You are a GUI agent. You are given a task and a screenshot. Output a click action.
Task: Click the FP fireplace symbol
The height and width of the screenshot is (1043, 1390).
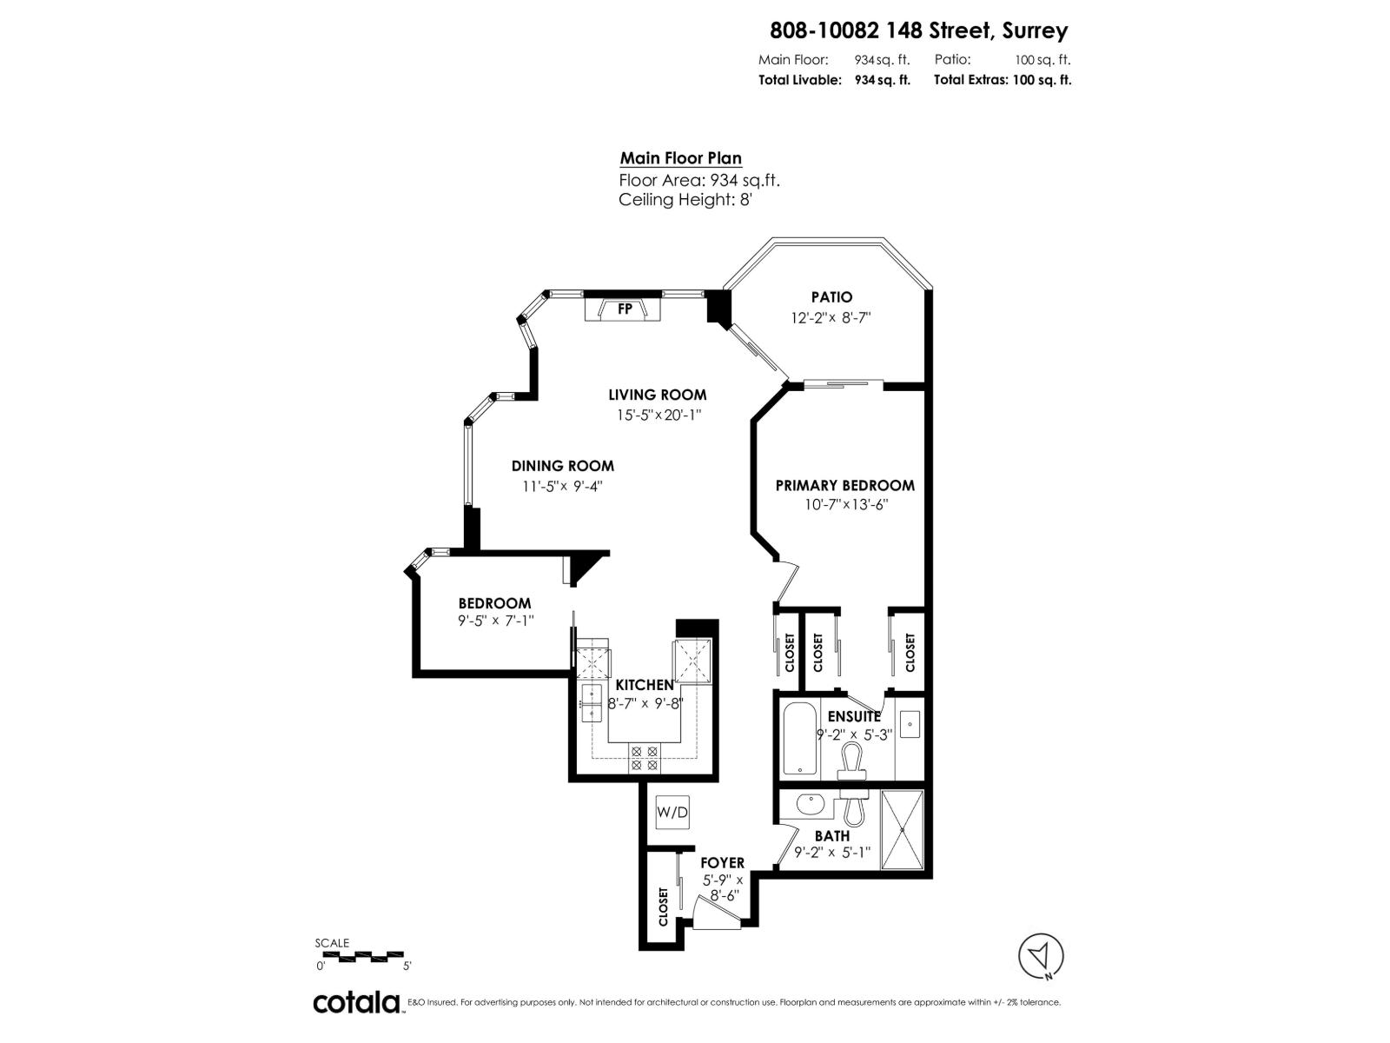(x=624, y=309)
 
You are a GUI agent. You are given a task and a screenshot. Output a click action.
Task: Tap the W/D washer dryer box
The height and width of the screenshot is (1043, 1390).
(x=672, y=813)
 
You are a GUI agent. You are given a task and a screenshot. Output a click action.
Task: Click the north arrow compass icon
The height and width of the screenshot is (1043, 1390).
(x=1041, y=957)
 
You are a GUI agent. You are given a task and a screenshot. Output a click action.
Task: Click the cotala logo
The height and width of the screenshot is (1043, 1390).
(x=357, y=1002)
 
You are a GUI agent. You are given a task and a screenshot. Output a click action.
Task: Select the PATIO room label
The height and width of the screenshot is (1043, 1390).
(x=831, y=297)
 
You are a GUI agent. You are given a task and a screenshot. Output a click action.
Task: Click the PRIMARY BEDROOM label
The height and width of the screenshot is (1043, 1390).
(x=844, y=485)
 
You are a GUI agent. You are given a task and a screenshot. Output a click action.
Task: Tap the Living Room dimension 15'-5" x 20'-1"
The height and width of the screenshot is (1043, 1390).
(x=659, y=415)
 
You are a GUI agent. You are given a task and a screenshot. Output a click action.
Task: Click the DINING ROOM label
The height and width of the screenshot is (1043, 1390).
(x=562, y=466)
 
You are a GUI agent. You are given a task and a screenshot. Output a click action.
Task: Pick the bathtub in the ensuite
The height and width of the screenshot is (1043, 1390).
(x=799, y=740)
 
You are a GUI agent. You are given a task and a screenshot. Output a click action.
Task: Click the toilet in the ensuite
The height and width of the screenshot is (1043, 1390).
(x=852, y=762)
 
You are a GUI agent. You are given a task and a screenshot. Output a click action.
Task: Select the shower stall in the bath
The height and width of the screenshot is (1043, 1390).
(x=903, y=829)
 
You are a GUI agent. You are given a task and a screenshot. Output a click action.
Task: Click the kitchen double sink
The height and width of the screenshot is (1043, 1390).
(x=591, y=702)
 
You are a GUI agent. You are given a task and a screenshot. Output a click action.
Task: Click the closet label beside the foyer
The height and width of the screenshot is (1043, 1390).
(x=664, y=907)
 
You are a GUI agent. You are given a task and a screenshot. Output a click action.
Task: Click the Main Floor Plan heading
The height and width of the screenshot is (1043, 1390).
(x=680, y=158)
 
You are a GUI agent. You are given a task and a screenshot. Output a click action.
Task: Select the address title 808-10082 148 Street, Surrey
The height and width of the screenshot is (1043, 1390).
(x=918, y=30)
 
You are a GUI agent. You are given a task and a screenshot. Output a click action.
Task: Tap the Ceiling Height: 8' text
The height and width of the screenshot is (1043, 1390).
(x=685, y=200)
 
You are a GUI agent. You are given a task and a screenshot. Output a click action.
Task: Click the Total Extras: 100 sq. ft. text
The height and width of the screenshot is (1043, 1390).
(x=1003, y=80)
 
